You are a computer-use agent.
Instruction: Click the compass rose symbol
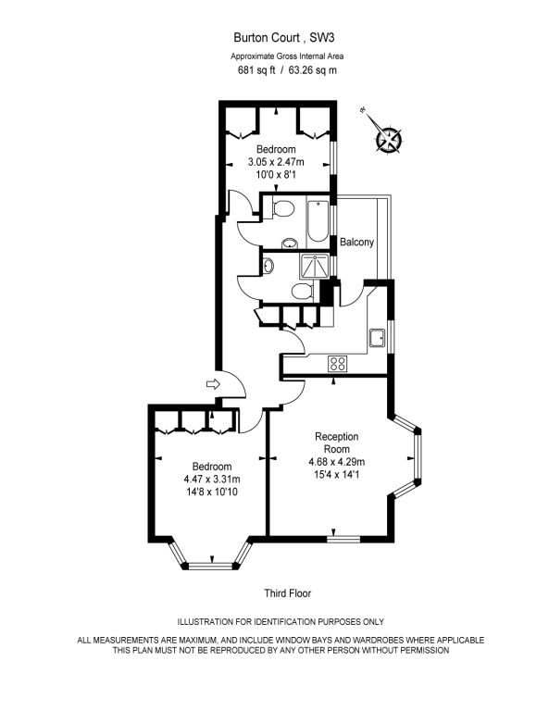click(389, 138)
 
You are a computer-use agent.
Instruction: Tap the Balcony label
click(356, 242)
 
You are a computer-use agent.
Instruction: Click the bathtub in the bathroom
click(318, 222)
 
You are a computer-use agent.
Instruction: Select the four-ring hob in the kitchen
click(337, 363)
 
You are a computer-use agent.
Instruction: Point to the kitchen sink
click(378, 338)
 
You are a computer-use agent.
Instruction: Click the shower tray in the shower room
click(314, 266)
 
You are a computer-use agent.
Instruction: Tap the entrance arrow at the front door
click(213, 384)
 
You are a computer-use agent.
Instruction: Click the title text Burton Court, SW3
click(284, 37)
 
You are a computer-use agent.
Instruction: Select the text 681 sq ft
click(256, 70)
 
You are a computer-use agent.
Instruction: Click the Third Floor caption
click(288, 593)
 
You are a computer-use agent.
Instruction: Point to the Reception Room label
click(337, 443)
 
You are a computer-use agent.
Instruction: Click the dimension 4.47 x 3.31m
click(212, 479)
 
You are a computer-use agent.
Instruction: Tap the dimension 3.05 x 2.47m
click(276, 161)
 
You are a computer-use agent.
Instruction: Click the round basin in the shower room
click(268, 265)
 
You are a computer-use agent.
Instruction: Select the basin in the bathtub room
click(289, 244)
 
